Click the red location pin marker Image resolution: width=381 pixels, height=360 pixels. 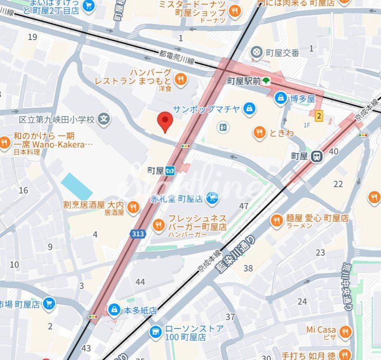click(x=165, y=121)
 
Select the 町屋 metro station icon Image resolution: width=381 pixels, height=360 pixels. click(x=170, y=171)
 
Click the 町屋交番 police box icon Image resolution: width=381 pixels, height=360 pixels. click(x=257, y=51)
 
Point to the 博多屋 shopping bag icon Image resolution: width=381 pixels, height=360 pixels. click(x=280, y=99)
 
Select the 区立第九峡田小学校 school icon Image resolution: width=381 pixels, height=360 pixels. click(x=103, y=118)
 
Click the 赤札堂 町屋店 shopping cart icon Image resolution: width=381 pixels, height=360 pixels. click(x=211, y=197)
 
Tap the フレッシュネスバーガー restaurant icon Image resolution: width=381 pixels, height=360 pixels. click(x=159, y=224)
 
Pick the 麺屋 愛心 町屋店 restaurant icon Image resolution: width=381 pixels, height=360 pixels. click(x=277, y=220)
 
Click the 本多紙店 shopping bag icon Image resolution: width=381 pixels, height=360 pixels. click(x=114, y=309)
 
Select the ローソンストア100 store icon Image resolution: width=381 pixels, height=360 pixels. click(x=155, y=332)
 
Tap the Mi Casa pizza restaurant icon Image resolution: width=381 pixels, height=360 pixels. click(x=345, y=331)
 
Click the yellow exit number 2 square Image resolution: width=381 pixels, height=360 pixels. click(x=319, y=115)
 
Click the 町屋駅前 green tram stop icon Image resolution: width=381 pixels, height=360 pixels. click(x=266, y=81)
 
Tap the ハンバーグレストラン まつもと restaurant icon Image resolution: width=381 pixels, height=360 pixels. click(x=180, y=79)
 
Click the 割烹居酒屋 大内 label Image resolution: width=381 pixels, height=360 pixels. click(x=93, y=205)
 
